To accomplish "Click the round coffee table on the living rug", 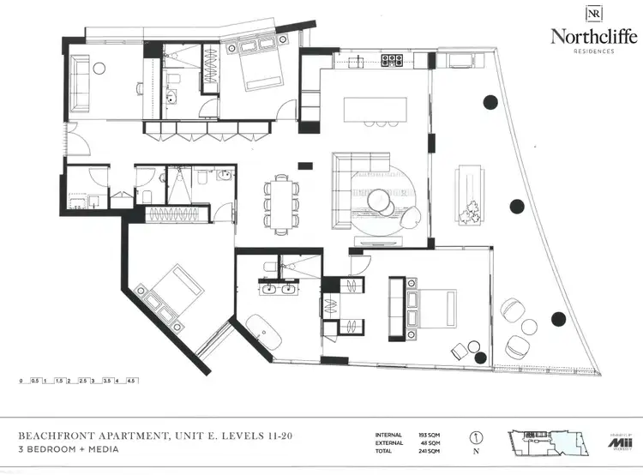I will (381, 200).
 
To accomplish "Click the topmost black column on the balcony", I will (490, 102).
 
